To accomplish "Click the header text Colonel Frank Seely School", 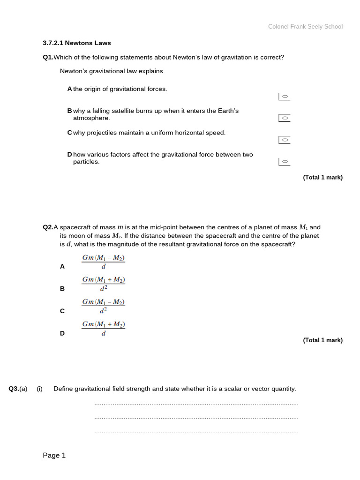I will coord(305,27).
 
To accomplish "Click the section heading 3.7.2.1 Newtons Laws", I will coord(77,43).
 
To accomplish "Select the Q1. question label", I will coord(48,58).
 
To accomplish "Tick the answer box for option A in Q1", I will coord(284,97).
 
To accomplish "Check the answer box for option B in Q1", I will coord(284,118).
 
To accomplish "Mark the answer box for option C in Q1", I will coord(284,140).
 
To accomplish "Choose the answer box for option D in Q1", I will coord(284,162).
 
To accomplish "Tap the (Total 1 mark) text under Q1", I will coord(322,178).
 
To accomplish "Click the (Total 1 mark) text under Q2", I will coord(322,340).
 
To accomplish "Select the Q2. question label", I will coord(48,227).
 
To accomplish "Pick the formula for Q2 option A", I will coord(104,262).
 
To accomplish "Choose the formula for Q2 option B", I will coord(104,284).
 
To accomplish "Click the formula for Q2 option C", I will coord(104,306).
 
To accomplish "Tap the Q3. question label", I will coord(14,389).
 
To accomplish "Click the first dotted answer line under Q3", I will coord(196,404).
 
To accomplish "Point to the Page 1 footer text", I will coord(54,456).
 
